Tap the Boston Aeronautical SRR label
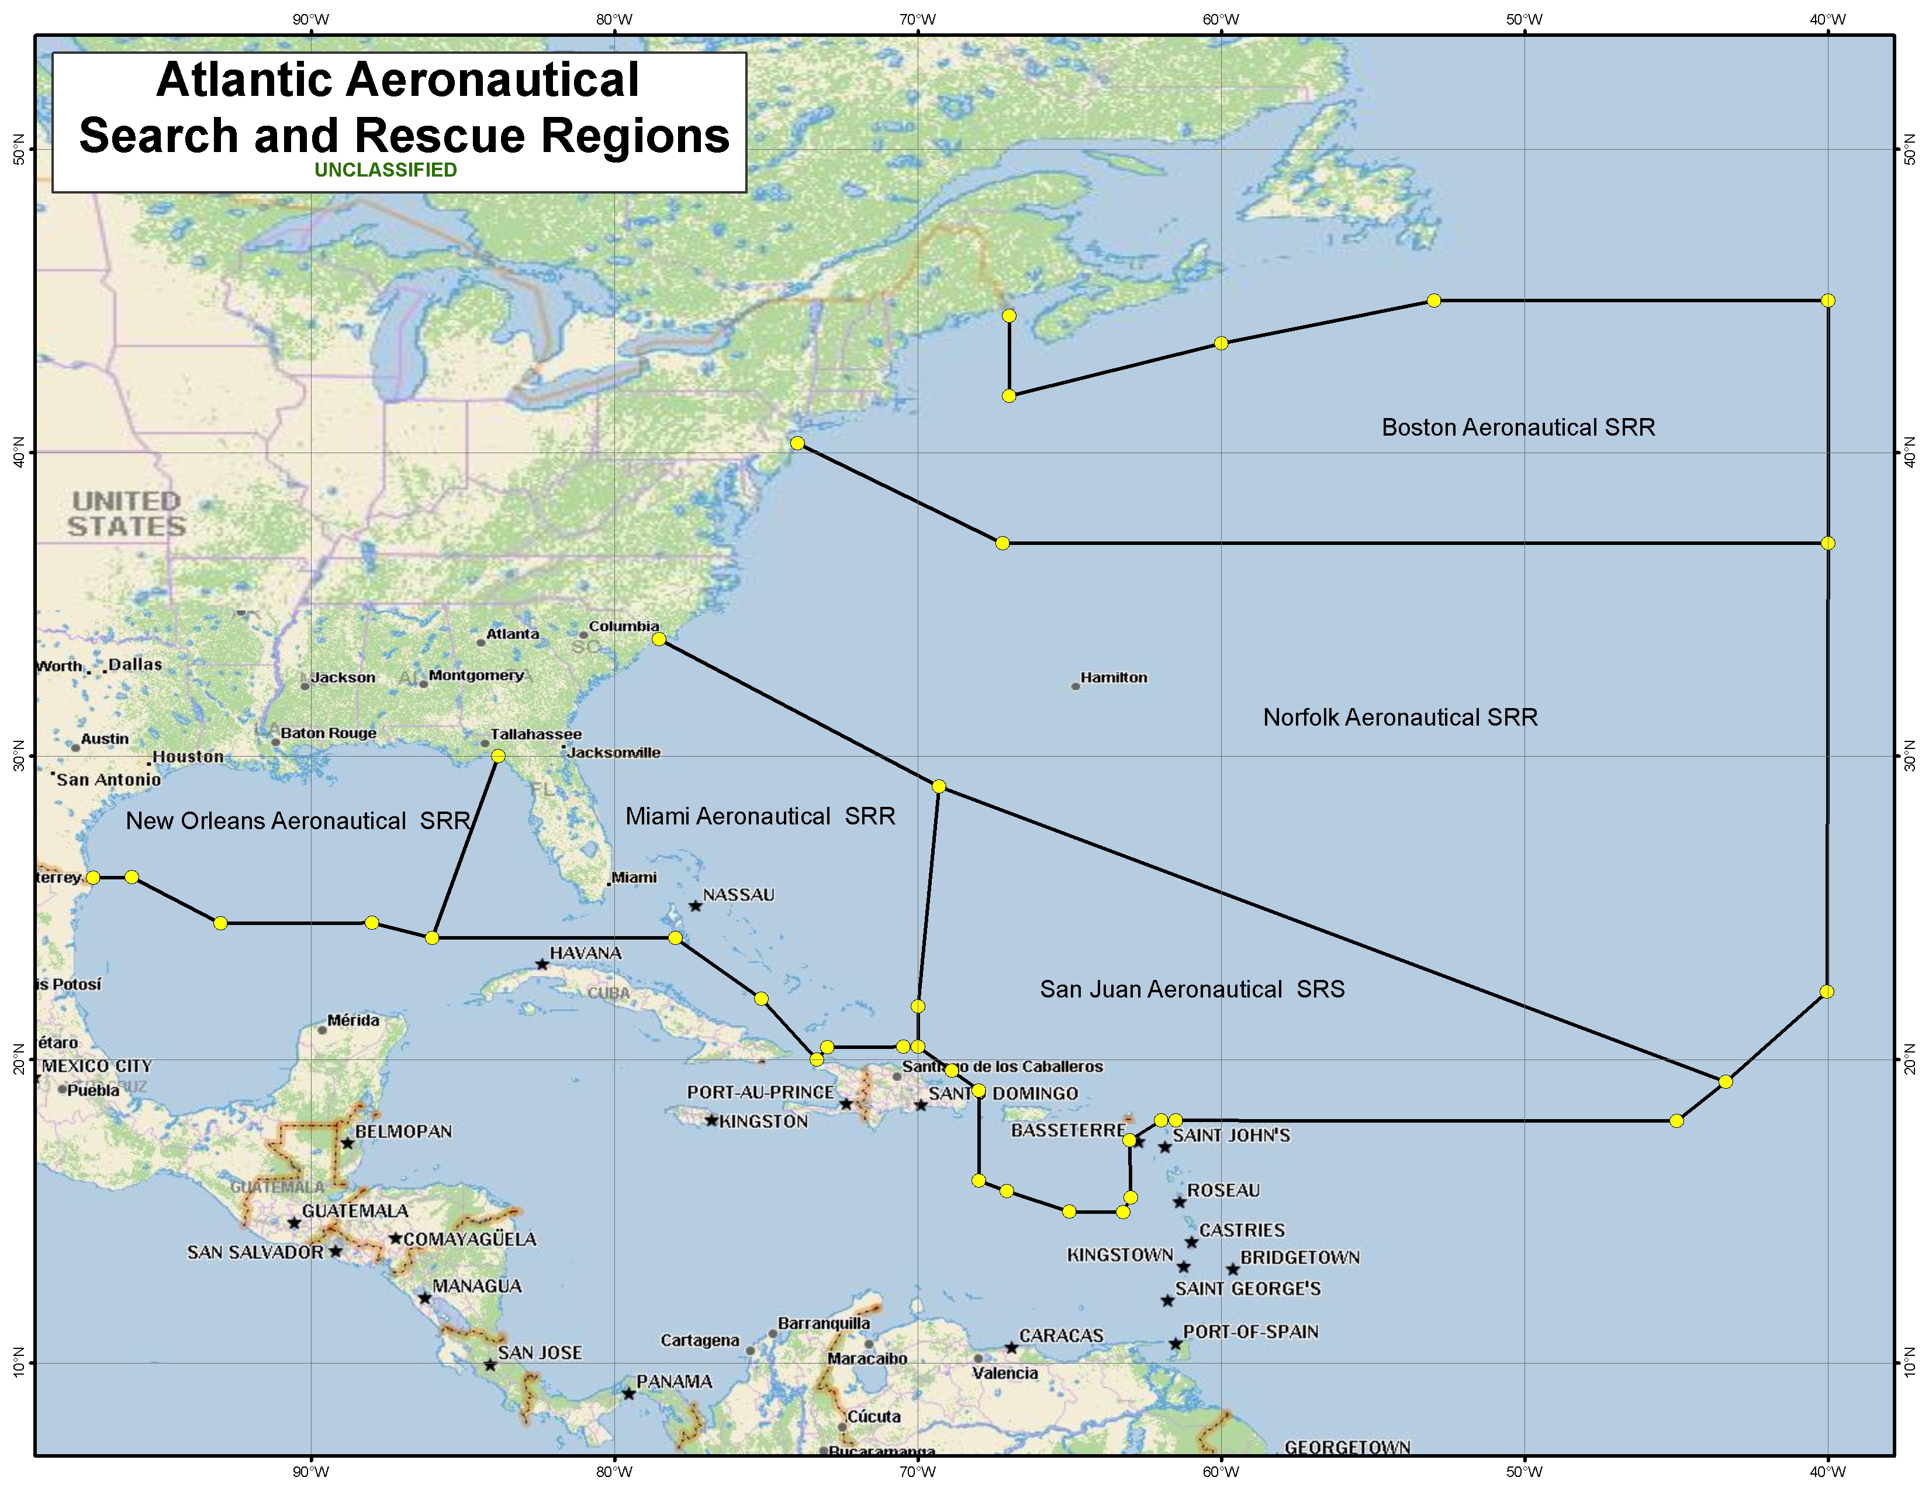pos(1517,427)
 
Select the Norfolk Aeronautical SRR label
pos(1400,717)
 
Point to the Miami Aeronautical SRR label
pos(759,816)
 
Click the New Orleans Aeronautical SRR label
pos(297,822)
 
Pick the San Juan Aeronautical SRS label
pos(1191,989)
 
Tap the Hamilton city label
pos(1113,678)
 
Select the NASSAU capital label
pos(738,895)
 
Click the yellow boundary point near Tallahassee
pos(498,755)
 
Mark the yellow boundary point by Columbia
pos(659,638)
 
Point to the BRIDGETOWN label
pos(1299,1257)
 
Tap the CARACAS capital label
pos(1061,1335)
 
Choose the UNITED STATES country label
pos(126,514)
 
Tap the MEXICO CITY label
pos(96,1066)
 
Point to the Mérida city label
pos(353,1020)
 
